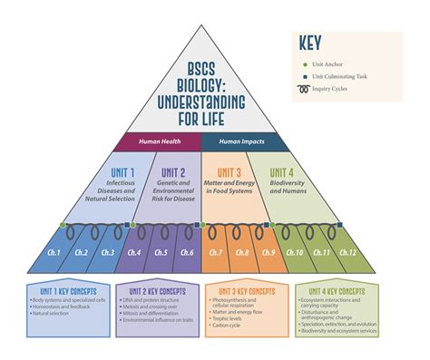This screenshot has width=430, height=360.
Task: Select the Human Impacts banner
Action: (x=245, y=141)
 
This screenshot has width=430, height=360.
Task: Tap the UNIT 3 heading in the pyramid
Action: (x=230, y=172)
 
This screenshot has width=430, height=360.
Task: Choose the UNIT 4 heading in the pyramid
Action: (x=283, y=172)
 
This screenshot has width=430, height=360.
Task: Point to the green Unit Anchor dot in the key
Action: (x=306, y=64)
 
